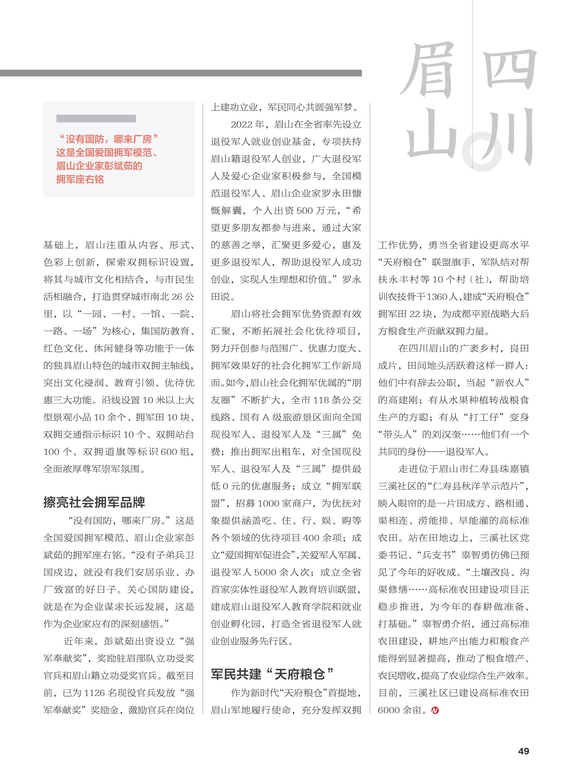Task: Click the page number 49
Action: click(x=523, y=751)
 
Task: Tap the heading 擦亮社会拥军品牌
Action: click(x=94, y=502)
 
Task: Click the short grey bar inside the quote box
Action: click(x=96, y=119)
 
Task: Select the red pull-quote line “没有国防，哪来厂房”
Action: click(x=107, y=139)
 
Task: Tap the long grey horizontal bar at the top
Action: click(x=181, y=73)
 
